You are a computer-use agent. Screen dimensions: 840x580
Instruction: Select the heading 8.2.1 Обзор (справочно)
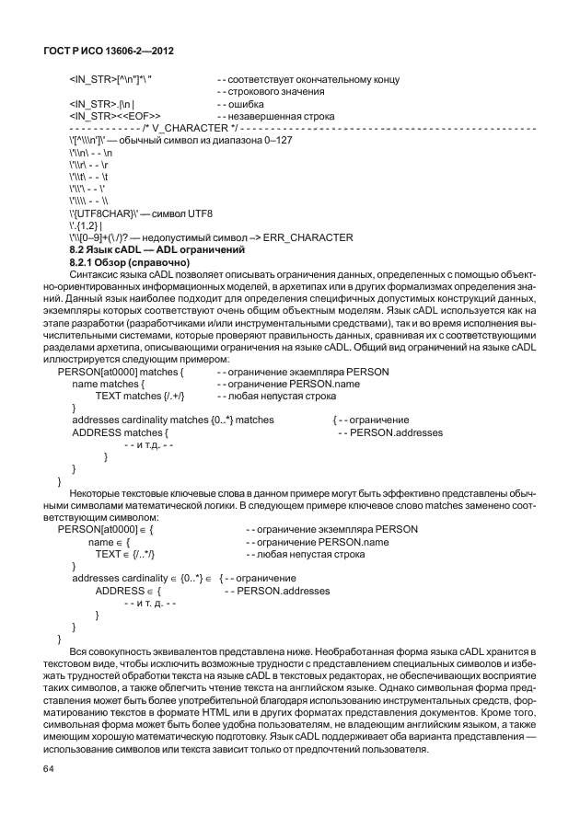point(129,262)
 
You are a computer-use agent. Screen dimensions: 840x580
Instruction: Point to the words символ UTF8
point(180,213)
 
